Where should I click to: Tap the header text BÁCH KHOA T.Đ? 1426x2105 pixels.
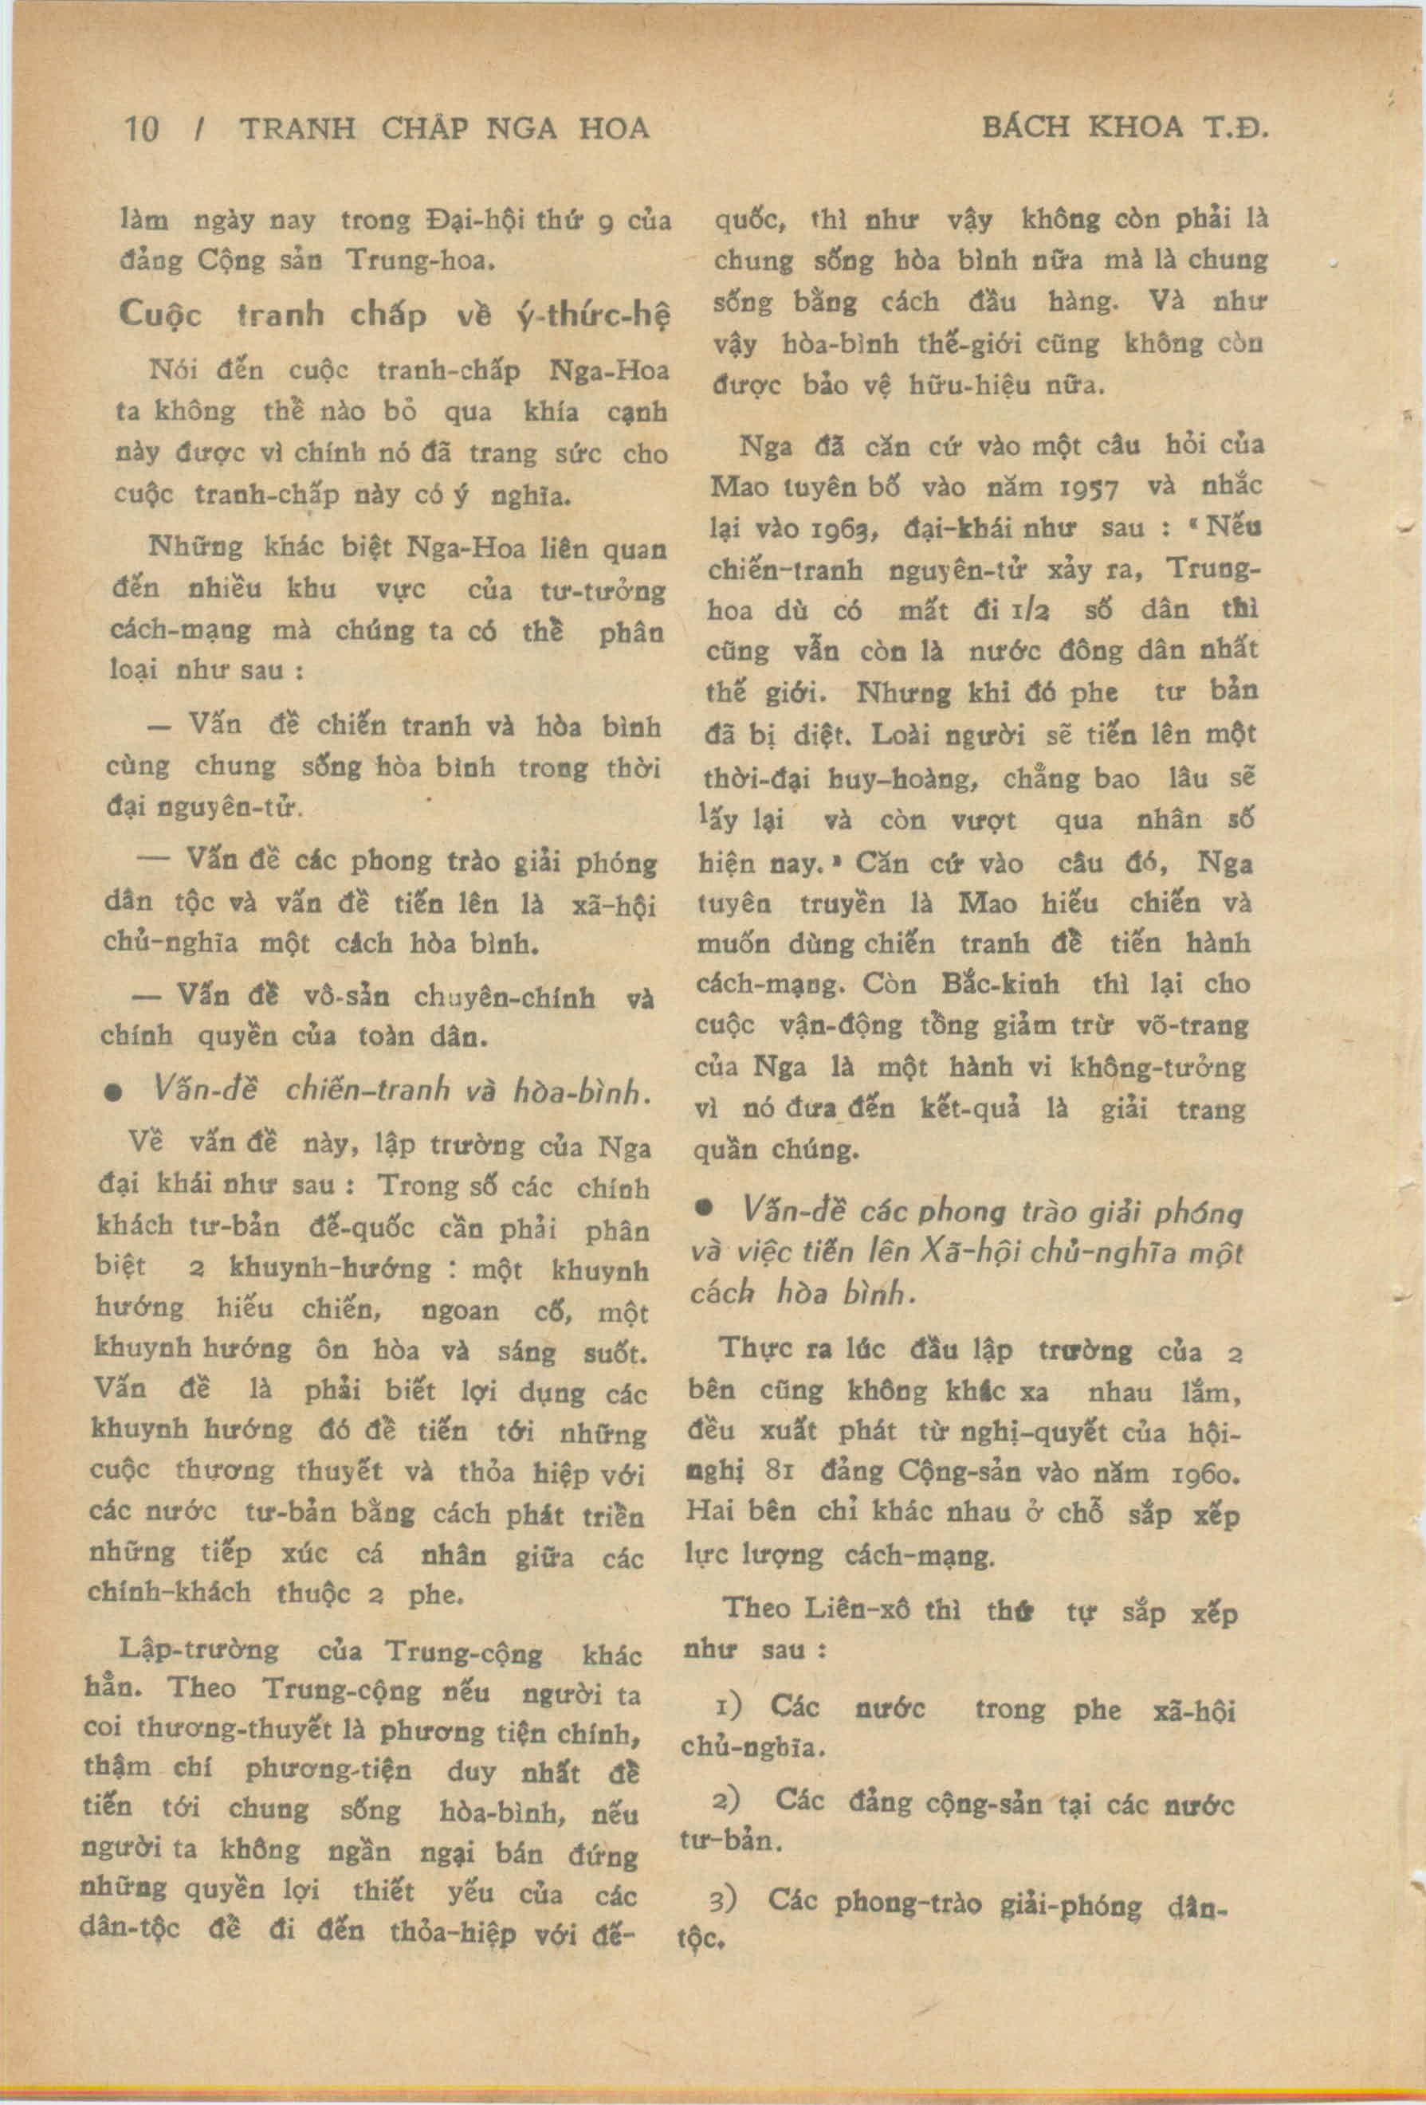click(1125, 127)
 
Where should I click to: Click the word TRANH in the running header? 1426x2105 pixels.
click(298, 130)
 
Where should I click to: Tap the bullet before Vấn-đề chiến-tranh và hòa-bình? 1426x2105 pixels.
click(114, 1094)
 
